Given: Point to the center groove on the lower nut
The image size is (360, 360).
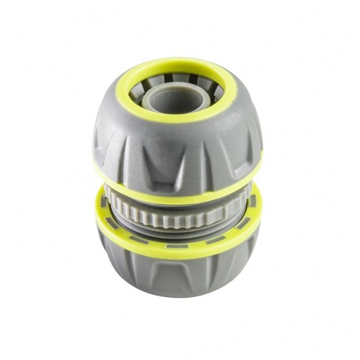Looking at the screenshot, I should tap(177, 274).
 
